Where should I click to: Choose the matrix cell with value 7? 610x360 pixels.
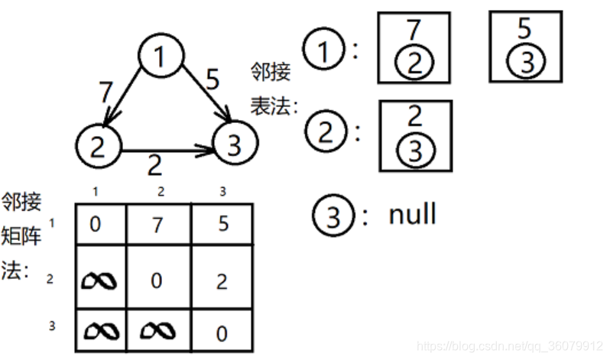tap(157, 225)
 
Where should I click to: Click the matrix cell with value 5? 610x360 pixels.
tap(222, 225)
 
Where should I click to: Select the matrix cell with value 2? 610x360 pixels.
tap(222, 281)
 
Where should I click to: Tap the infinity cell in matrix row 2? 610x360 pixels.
tap(100, 281)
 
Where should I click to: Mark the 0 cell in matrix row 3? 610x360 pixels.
tap(222, 333)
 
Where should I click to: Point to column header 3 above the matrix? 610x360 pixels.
tap(222, 192)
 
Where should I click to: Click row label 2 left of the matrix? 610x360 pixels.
tap(50, 279)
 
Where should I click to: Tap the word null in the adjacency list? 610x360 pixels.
tap(412, 214)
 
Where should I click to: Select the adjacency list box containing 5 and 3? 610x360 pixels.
tap(525, 47)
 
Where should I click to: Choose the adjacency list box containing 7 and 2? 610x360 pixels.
tap(414, 47)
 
